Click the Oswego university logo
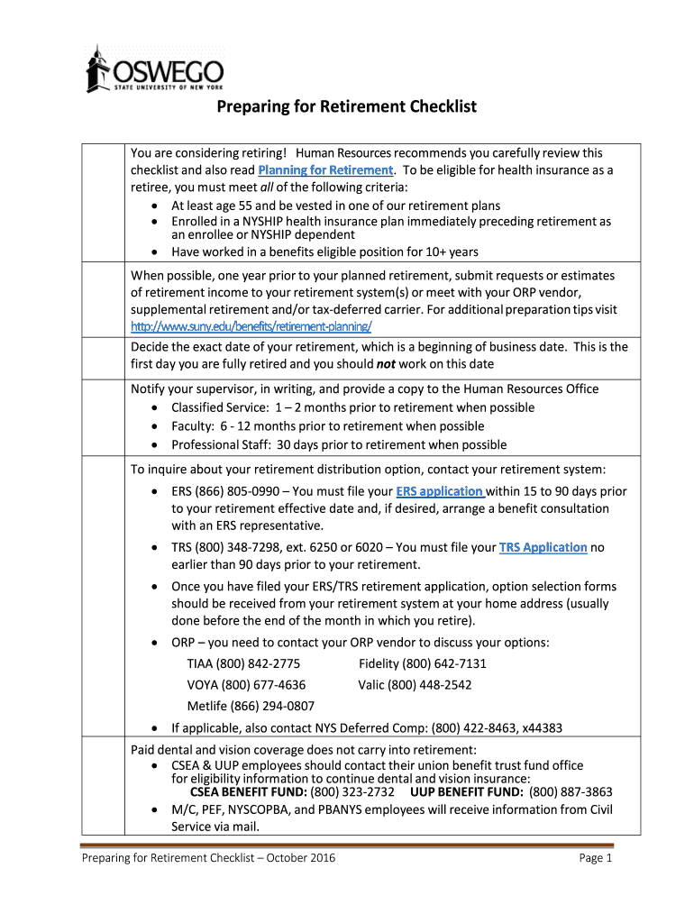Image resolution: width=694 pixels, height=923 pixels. point(154,69)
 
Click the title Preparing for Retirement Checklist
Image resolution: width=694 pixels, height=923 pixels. point(345,107)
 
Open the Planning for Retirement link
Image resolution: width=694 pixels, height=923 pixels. point(325,170)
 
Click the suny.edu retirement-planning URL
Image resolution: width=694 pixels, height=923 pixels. point(251,325)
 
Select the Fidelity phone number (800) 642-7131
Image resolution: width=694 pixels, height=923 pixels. point(444,664)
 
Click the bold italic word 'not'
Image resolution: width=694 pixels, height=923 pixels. point(387,364)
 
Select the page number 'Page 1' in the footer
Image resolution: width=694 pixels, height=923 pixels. point(596,858)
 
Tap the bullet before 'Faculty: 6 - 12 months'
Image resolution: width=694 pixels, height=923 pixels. point(157,426)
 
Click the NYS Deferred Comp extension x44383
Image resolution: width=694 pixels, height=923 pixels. point(542,728)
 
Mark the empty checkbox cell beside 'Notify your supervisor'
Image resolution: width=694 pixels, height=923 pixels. point(103,416)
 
